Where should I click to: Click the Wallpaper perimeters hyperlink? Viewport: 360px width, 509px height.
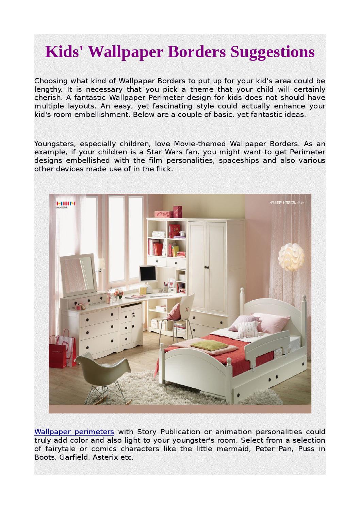pyautogui.click(x=74, y=432)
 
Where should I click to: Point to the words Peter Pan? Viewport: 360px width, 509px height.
pyautogui.click(x=274, y=449)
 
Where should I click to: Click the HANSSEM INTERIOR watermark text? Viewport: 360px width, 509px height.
pyautogui.click(x=282, y=203)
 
